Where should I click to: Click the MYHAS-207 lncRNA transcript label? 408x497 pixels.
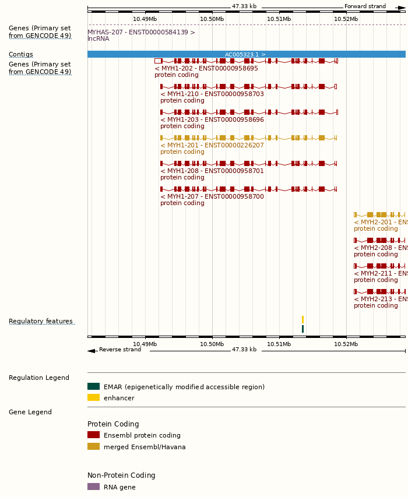click(x=141, y=32)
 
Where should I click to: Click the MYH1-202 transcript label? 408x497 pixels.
click(x=206, y=68)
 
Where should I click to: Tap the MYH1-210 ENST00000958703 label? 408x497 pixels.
click(x=212, y=94)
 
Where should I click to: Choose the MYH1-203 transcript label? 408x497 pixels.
click(x=212, y=119)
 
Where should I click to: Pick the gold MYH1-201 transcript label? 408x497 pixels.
click(x=212, y=145)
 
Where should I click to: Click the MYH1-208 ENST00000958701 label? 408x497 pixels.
click(x=212, y=171)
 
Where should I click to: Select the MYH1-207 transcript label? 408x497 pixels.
click(x=212, y=196)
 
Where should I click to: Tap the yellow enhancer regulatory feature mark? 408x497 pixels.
click(x=303, y=319)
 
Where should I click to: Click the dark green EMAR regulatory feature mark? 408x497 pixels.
click(x=303, y=329)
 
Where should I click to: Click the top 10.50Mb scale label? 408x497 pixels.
click(x=212, y=19)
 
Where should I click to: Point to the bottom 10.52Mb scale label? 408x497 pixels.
click(x=346, y=344)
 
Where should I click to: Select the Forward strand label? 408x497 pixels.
click(x=365, y=6)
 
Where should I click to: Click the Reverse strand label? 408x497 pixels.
click(x=119, y=350)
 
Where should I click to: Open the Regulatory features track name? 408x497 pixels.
click(x=41, y=321)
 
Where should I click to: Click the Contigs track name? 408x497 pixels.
click(x=21, y=54)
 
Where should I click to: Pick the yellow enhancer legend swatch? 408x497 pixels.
click(x=93, y=397)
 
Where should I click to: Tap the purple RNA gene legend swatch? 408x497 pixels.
click(x=93, y=487)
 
